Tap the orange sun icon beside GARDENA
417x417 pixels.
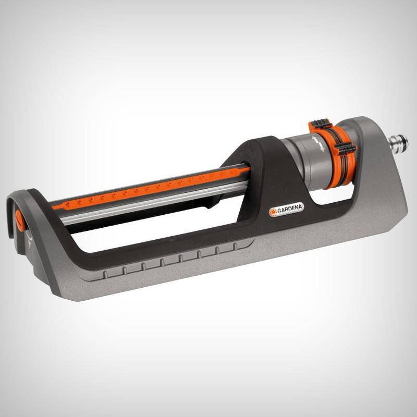point(273,212)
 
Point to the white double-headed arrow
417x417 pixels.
point(318,144)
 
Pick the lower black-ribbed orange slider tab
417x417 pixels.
point(345,149)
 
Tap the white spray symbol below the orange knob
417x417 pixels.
point(29,239)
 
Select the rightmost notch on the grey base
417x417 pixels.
point(236,247)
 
